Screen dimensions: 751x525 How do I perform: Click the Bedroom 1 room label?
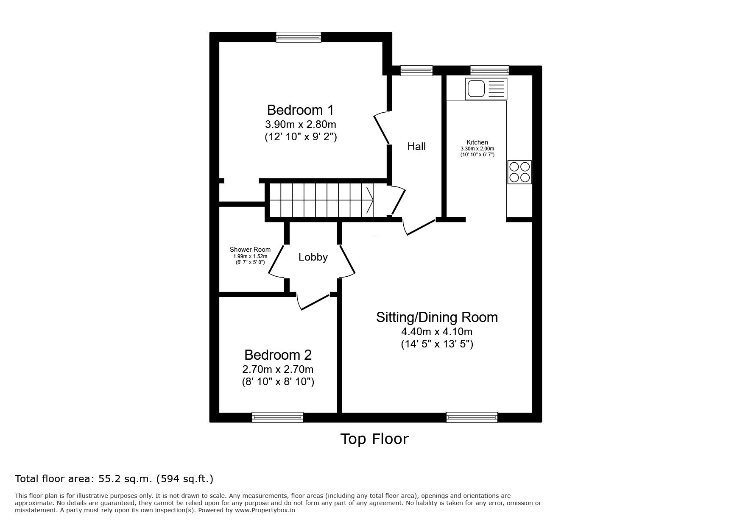pyautogui.click(x=300, y=110)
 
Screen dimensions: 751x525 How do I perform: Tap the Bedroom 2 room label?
pyautogui.click(x=278, y=355)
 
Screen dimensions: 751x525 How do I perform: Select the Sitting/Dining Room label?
pyautogui.click(x=437, y=317)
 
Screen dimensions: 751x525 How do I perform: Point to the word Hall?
pyautogui.click(x=416, y=147)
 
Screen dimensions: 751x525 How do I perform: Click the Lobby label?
pyautogui.click(x=313, y=257)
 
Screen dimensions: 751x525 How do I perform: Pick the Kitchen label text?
pyautogui.click(x=477, y=142)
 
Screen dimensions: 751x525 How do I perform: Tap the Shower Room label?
pyautogui.click(x=250, y=250)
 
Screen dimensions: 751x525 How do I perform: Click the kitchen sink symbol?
pyautogui.click(x=486, y=89)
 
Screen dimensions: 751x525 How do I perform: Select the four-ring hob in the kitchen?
pyautogui.click(x=519, y=172)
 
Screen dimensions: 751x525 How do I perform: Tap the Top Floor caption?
pyautogui.click(x=374, y=439)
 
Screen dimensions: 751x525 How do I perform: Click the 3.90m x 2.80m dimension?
pyautogui.click(x=300, y=125)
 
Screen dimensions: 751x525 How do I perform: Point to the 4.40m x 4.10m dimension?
pyautogui.click(x=437, y=331)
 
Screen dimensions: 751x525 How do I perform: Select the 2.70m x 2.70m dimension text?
pyautogui.click(x=278, y=369)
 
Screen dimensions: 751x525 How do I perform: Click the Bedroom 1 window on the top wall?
pyautogui.click(x=299, y=37)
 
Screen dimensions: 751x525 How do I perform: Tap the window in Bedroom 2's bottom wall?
pyautogui.click(x=278, y=417)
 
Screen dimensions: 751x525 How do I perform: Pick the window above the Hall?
pyautogui.click(x=416, y=71)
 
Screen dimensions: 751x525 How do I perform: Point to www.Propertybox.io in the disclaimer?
pyautogui.click(x=265, y=510)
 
